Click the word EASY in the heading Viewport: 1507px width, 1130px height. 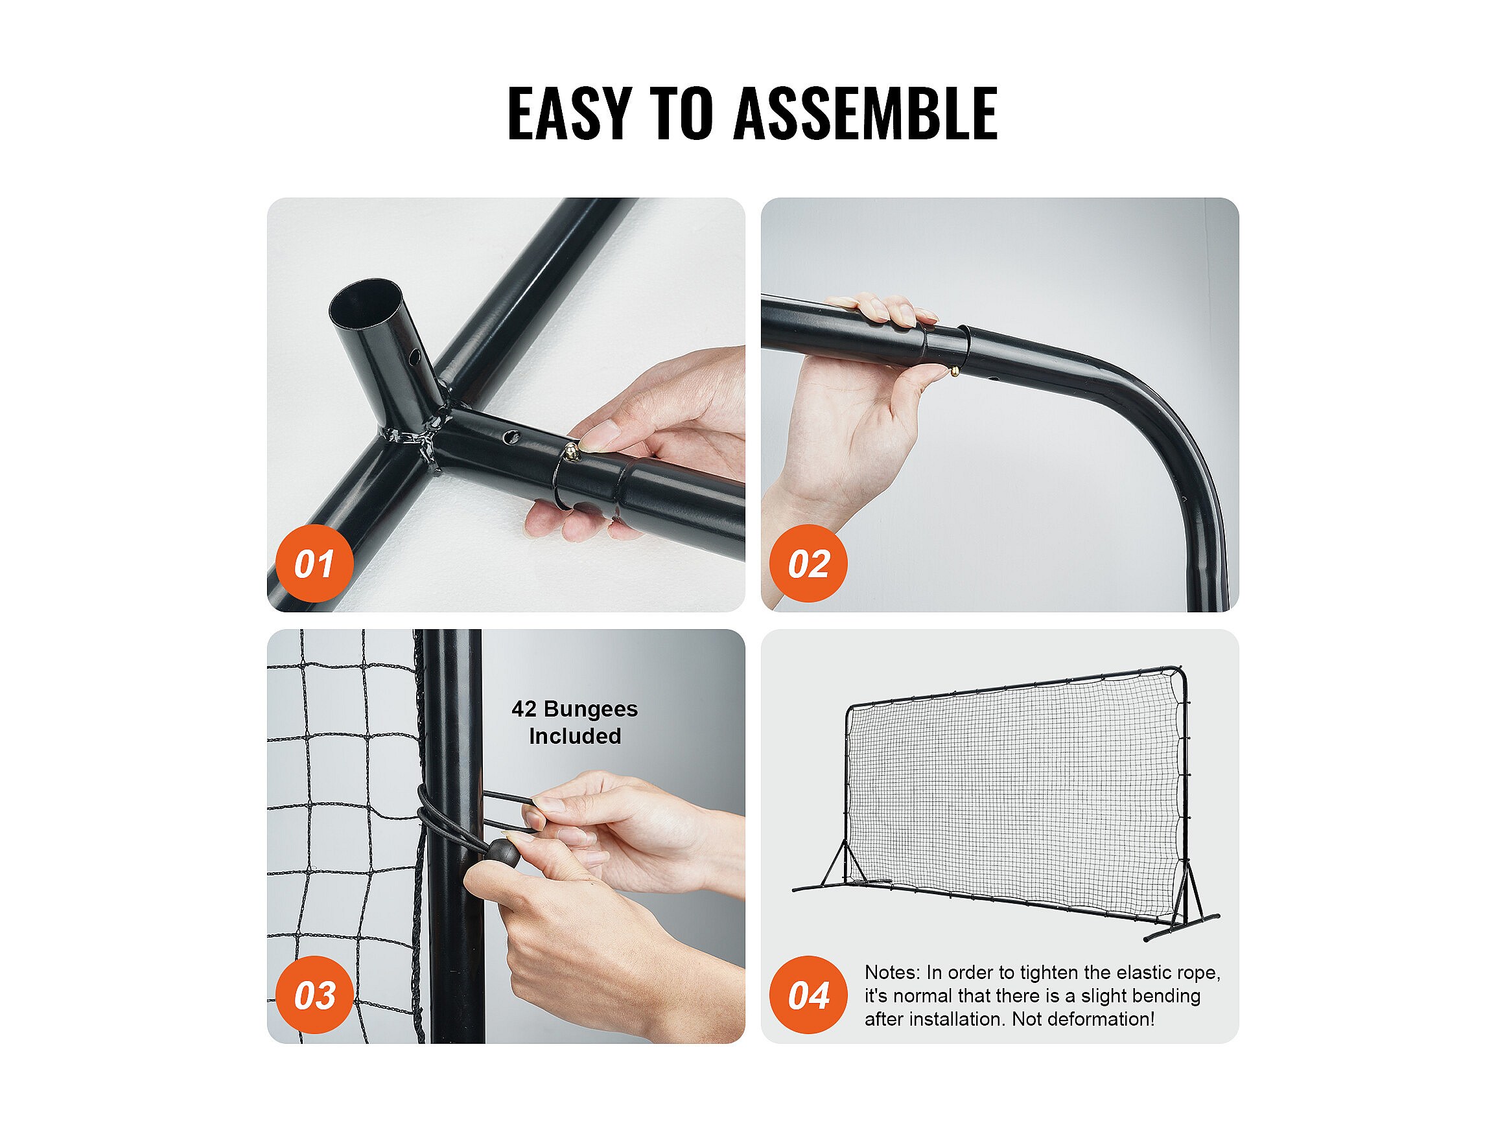click(570, 114)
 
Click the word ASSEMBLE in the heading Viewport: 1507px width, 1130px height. click(865, 114)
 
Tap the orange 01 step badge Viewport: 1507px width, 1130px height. click(314, 563)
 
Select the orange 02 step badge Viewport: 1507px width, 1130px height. click(808, 563)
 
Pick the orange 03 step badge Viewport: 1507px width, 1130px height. click(314, 995)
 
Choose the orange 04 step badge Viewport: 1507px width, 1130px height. click(808, 995)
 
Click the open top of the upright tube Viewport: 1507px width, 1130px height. click(365, 301)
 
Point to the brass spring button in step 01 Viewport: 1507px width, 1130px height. click(571, 449)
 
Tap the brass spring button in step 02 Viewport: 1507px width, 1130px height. click(955, 371)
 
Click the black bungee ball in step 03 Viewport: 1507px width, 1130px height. click(503, 852)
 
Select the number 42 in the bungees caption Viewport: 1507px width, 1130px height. click(524, 709)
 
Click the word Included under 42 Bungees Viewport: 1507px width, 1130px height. click(575, 736)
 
